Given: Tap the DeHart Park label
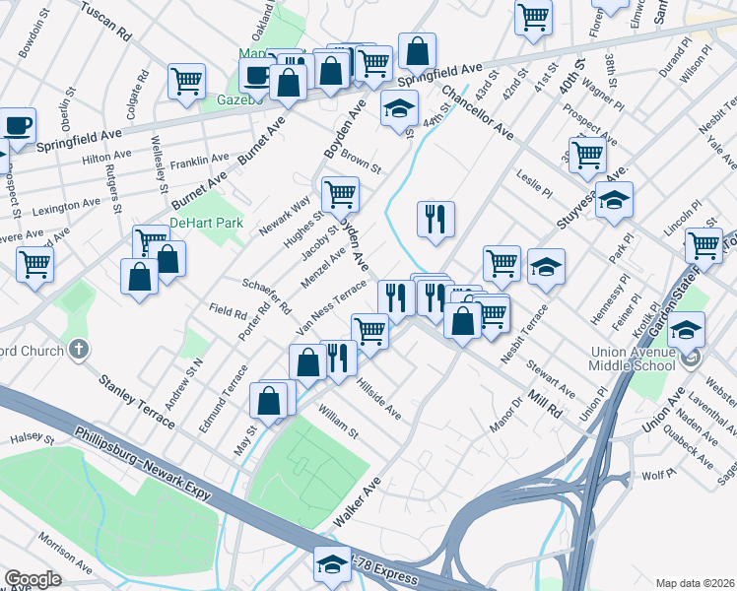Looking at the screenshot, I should point(206,224).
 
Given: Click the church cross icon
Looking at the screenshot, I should point(78,349).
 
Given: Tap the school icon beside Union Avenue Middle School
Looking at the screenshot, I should point(689,331).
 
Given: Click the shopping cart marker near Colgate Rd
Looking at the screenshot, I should point(186,82).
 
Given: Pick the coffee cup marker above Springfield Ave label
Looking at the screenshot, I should point(19,125).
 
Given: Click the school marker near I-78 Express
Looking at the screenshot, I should point(332,562).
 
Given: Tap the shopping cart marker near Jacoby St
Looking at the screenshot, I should point(340,193).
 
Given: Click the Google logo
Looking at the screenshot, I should point(33,579).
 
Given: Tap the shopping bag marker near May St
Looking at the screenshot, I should point(268,400).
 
